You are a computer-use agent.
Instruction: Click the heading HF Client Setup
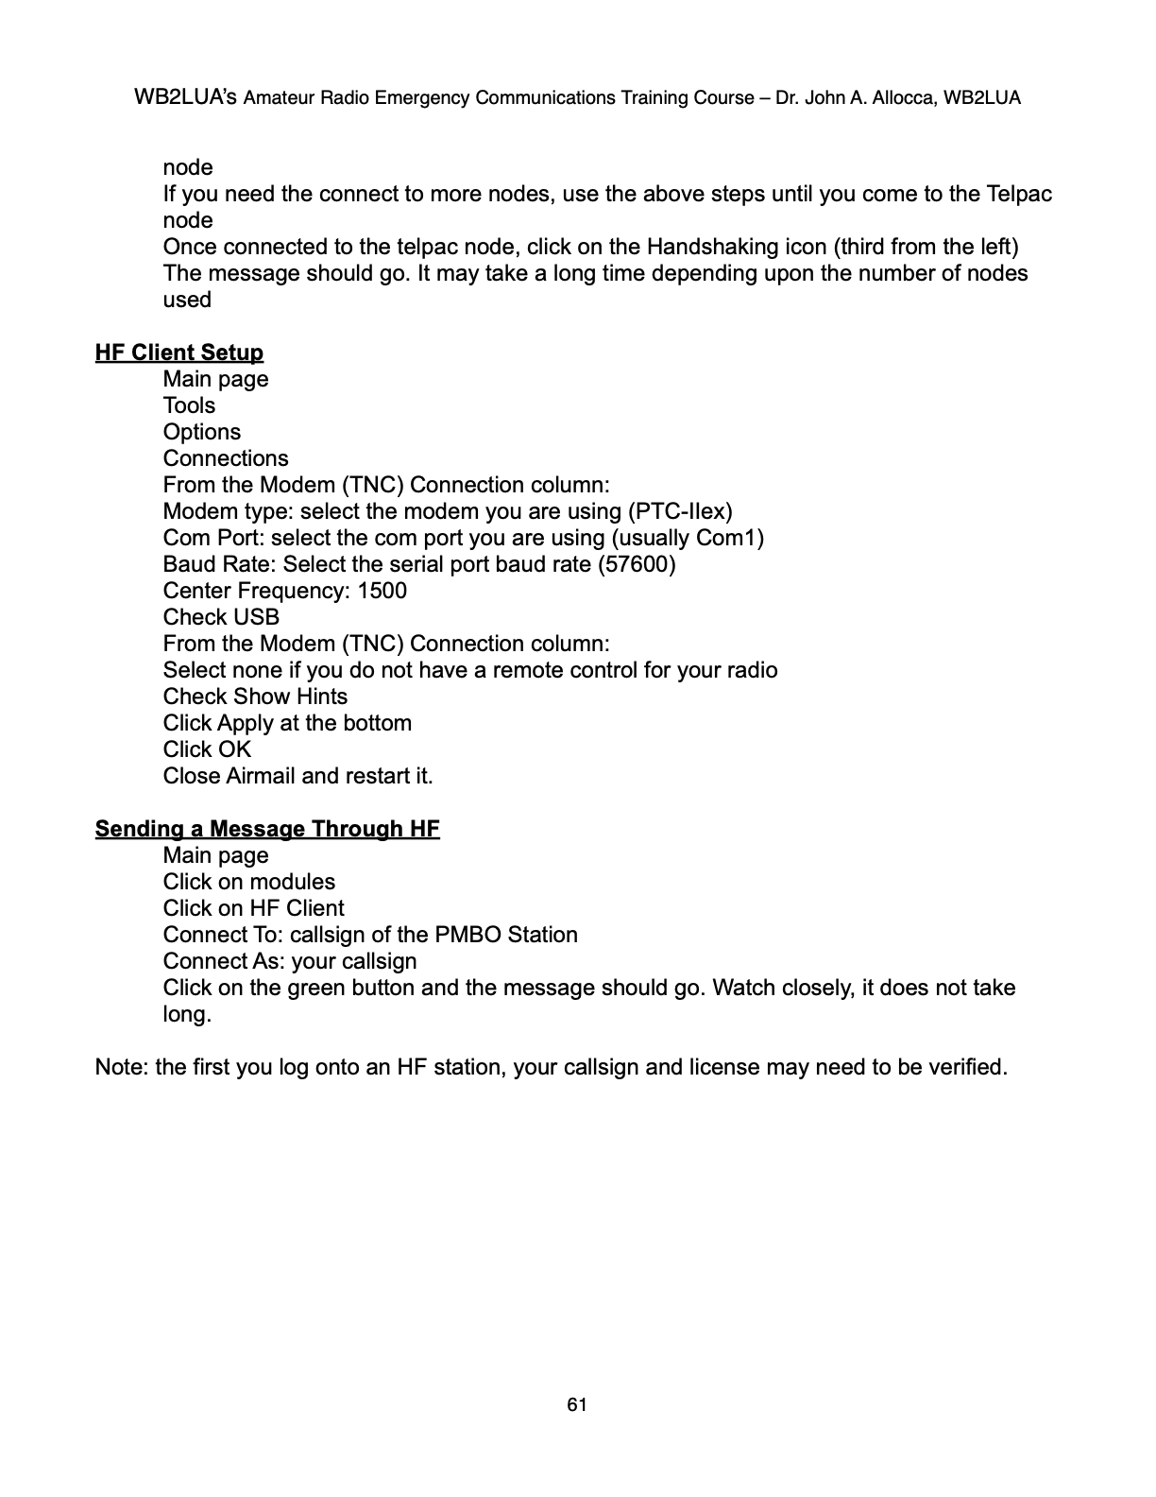178,353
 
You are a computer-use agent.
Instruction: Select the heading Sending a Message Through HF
267,829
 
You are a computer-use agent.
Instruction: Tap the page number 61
577,1404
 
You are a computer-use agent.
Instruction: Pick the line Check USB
221,617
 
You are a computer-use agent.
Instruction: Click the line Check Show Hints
255,697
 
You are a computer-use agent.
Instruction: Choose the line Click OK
207,749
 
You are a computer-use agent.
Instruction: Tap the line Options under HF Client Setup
201,432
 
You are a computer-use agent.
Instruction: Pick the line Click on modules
248,882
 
